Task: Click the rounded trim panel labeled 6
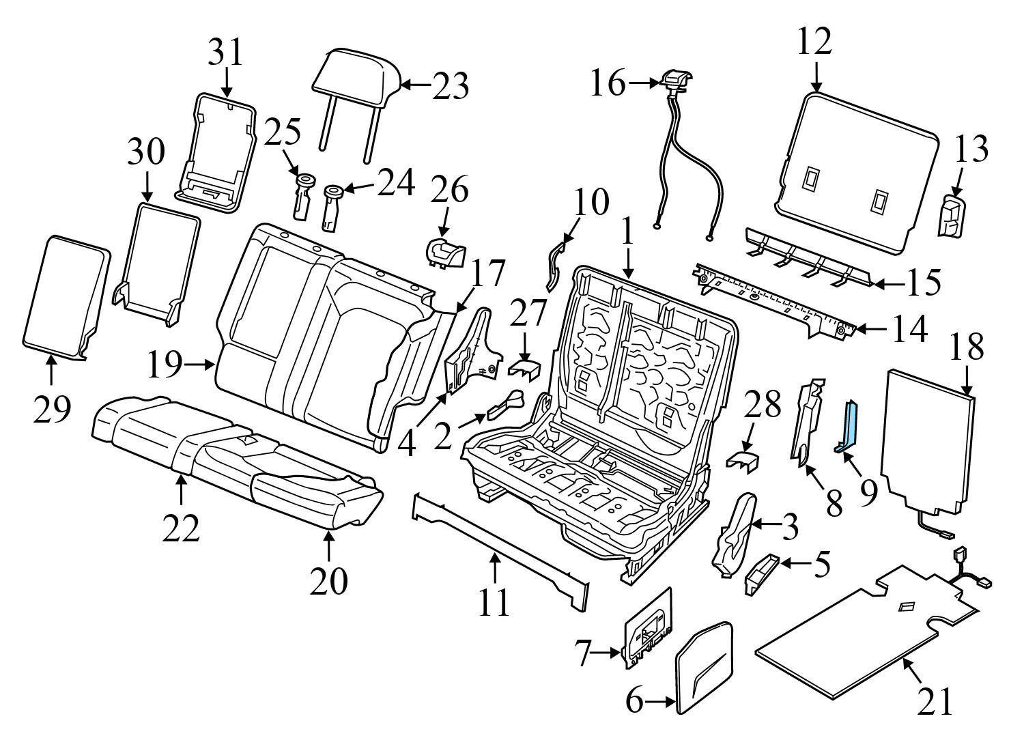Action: click(703, 666)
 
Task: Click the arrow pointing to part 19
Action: click(201, 365)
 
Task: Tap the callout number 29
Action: click(52, 410)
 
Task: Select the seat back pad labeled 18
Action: click(928, 440)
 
